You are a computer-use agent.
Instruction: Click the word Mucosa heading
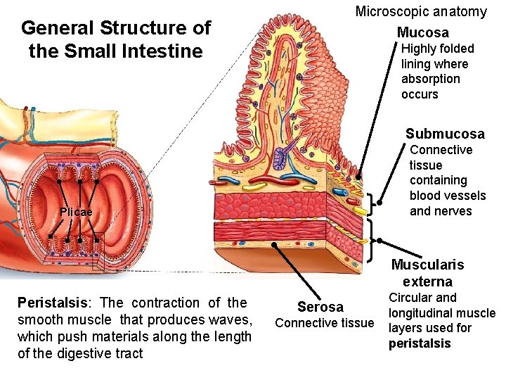422,32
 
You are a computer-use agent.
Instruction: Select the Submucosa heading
444,134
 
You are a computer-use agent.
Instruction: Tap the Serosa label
320,307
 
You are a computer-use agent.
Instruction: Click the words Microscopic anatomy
420,11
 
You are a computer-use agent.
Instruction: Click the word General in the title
58,28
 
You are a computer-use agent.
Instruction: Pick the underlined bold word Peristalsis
49,303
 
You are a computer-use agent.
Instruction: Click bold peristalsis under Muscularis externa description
419,344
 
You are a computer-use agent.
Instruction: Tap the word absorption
430,79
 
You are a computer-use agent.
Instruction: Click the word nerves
441,211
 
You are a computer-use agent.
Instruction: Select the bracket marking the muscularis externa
370,239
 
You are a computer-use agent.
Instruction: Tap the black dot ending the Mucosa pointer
358,176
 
